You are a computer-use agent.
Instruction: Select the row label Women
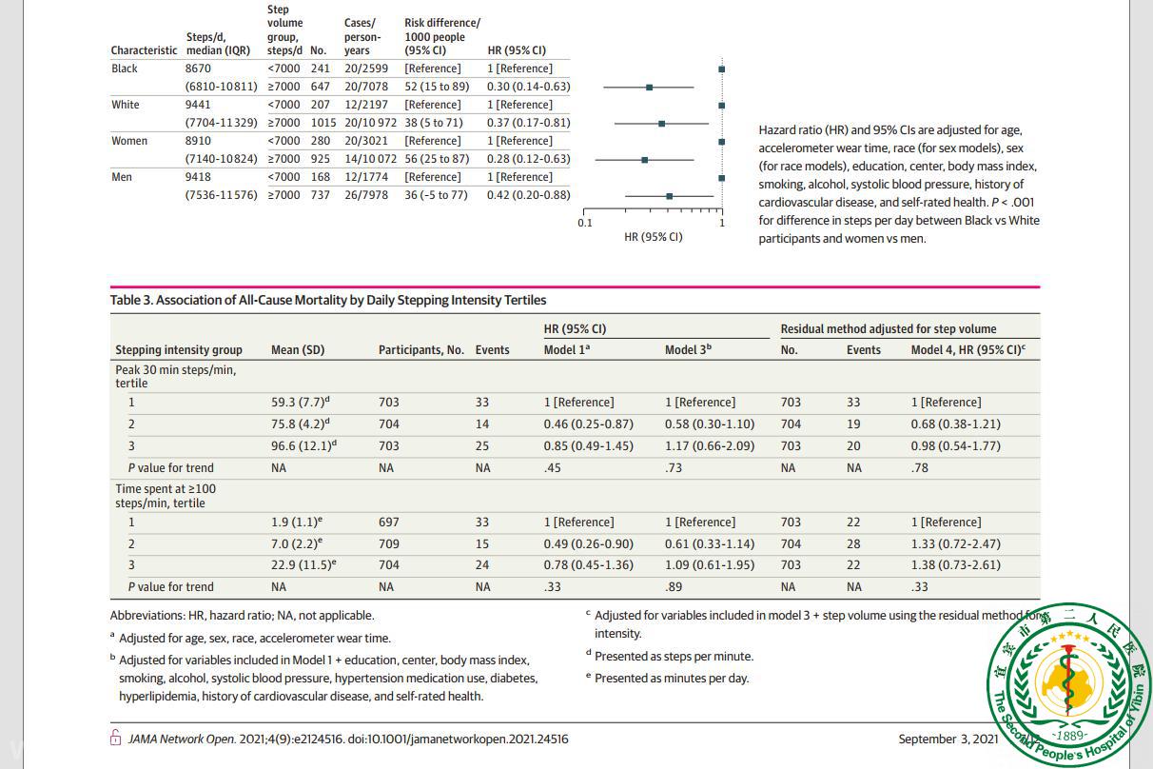pyautogui.click(x=129, y=141)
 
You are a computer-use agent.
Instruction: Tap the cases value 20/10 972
pyautogui.click(x=370, y=123)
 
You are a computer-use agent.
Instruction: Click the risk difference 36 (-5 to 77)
pyautogui.click(x=436, y=195)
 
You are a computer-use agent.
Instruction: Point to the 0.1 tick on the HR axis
pyautogui.click(x=584, y=223)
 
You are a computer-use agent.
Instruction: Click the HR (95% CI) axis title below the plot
pyautogui.click(x=653, y=237)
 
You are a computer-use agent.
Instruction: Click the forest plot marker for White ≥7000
pyautogui.click(x=662, y=123)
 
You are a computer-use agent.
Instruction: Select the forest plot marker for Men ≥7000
pyautogui.click(x=670, y=195)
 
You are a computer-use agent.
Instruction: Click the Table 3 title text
pyautogui.click(x=328, y=300)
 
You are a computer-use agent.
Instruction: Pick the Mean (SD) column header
pyautogui.click(x=298, y=350)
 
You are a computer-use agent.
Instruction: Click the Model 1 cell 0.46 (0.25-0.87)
pyautogui.click(x=588, y=424)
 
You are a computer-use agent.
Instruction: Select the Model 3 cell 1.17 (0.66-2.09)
pyautogui.click(x=709, y=445)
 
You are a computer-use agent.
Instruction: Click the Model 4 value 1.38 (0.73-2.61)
pyautogui.click(x=955, y=564)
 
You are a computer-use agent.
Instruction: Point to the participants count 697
pyautogui.click(x=389, y=523)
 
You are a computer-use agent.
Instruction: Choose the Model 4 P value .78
pyautogui.click(x=920, y=467)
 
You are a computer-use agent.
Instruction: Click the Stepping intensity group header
pyautogui.click(x=179, y=350)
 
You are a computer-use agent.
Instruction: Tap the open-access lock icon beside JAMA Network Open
pyautogui.click(x=116, y=739)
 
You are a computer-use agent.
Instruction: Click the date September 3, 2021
pyautogui.click(x=948, y=739)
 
